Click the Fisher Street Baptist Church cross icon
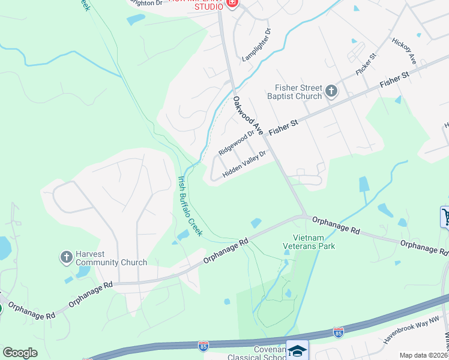click(331, 91)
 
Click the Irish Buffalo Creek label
click(189, 205)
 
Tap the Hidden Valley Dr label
click(244, 164)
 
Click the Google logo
click(20, 353)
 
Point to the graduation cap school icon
click(297, 350)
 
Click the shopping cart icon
click(445, 217)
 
